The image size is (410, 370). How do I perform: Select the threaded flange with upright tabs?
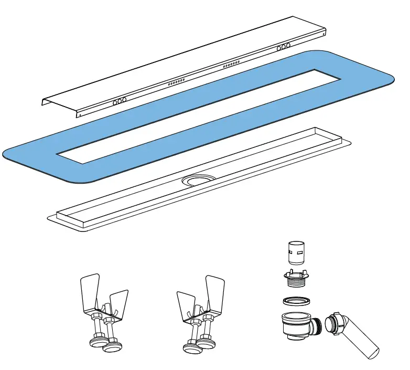[x=297, y=278]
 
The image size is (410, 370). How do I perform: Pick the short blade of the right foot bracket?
[x=187, y=305]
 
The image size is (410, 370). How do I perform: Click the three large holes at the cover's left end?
[x=120, y=100]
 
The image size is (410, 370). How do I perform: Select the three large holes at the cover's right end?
[x=284, y=47]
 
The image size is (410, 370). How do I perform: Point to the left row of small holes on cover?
[x=176, y=82]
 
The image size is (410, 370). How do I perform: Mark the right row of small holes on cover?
[x=231, y=64]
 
